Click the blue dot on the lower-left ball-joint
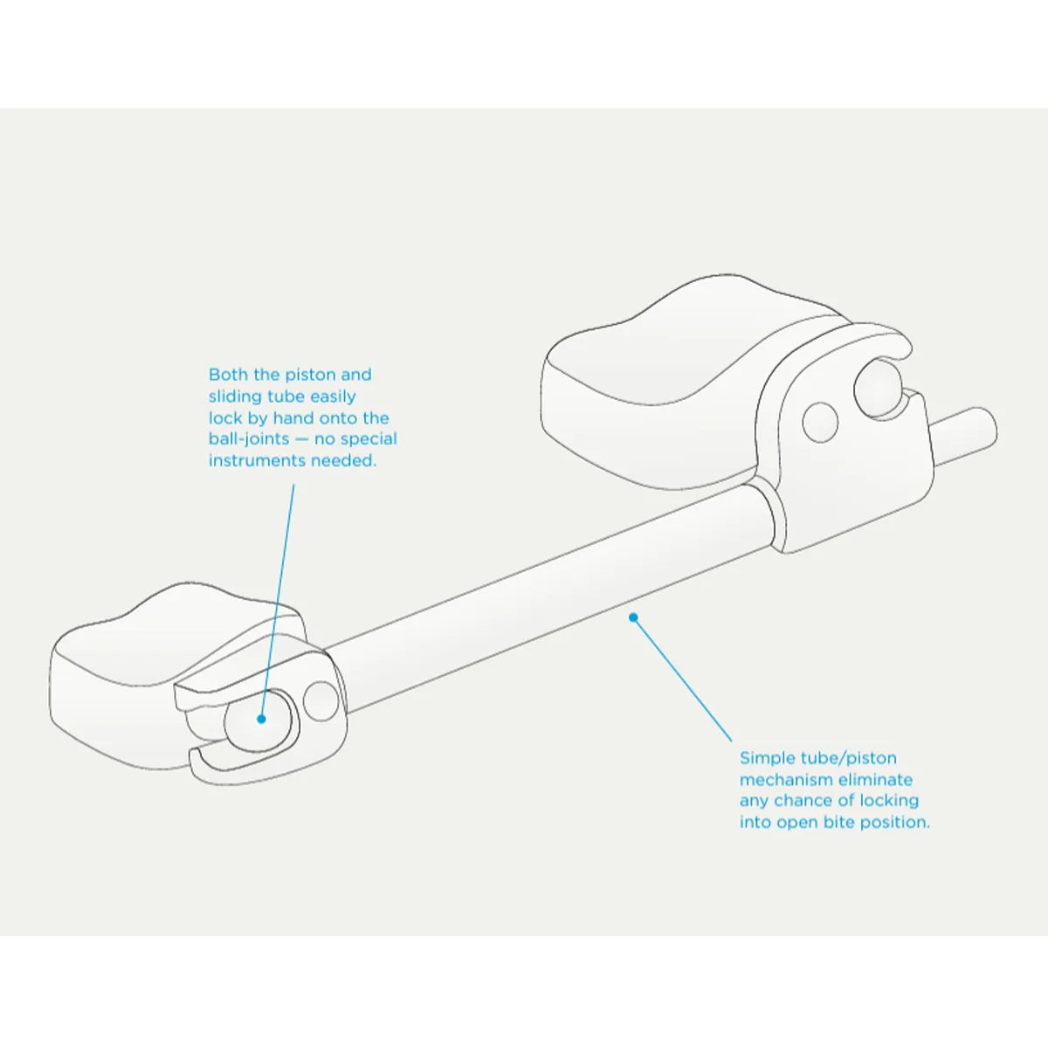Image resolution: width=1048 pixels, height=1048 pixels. [x=260, y=719]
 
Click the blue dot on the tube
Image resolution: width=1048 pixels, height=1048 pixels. [x=633, y=617]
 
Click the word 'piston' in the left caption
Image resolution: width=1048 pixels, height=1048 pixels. [x=311, y=375]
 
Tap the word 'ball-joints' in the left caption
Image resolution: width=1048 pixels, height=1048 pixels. [x=246, y=439]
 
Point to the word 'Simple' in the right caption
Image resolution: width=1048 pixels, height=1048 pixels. [x=768, y=758]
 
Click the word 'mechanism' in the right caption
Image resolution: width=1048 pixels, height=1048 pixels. [x=784, y=779]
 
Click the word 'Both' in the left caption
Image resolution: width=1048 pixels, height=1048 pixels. [x=228, y=375]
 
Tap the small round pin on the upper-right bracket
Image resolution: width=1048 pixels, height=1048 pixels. [x=819, y=421]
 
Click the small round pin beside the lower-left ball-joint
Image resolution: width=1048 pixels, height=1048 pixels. [x=321, y=700]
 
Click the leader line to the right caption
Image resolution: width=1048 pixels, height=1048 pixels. [x=681, y=677]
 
